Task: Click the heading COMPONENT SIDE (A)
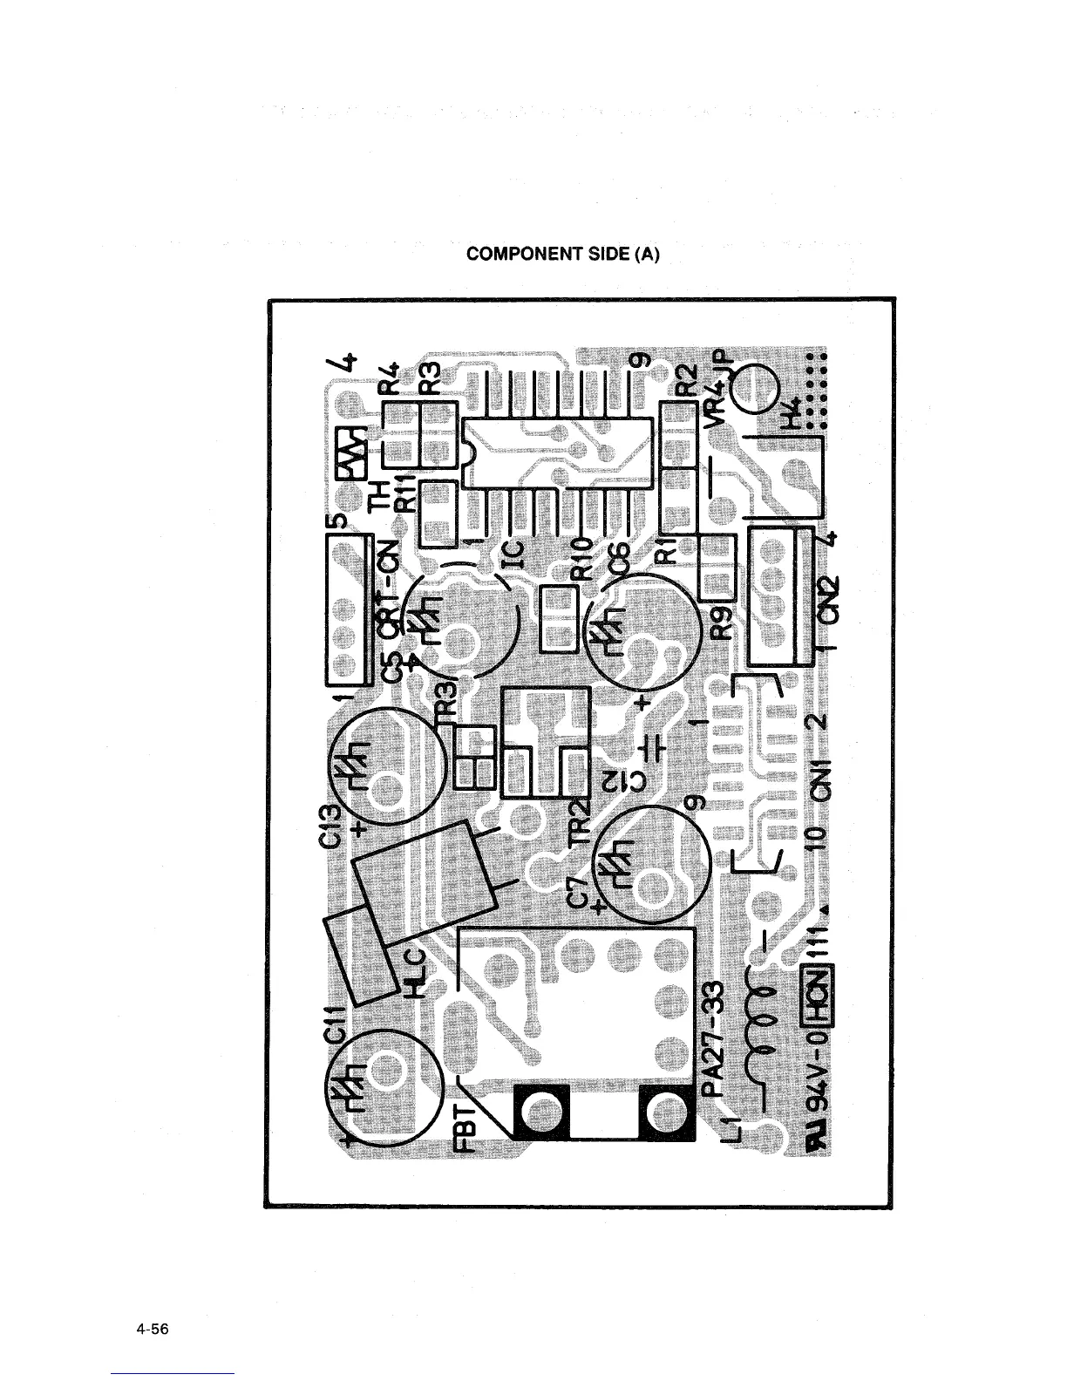(x=564, y=254)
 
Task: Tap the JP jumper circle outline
(x=755, y=387)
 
